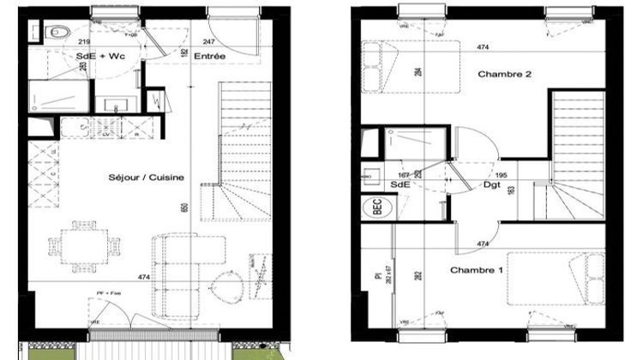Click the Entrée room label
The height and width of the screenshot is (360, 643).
click(209, 57)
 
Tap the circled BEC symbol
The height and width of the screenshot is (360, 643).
click(375, 207)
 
